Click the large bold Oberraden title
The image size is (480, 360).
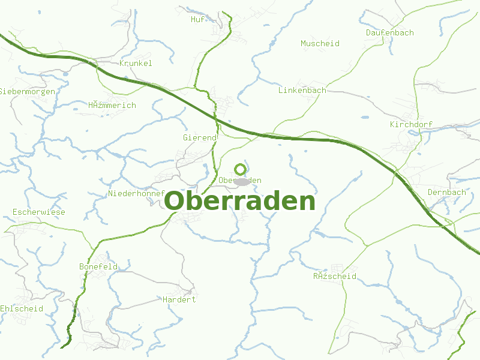pyautogui.click(x=239, y=202)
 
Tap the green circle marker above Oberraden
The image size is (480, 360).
pyautogui.click(x=241, y=169)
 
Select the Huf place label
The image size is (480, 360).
pyautogui.click(x=197, y=19)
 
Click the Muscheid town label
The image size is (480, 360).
pyautogui.click(x=320, y=43)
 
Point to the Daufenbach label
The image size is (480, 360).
pyautogui.click(x=389, y=32)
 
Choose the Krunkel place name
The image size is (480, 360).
pyautogui.click(x=136, y=63)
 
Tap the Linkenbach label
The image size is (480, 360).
pyautogui.click(x=302, y=90)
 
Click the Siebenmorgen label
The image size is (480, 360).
pyautogui.click(x=27, y=91)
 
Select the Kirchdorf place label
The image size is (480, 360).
pyautogui.click(x=410, y=124)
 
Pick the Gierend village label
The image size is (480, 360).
pyautogui.click(x=199, y=137)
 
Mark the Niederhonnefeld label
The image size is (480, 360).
pyautogui.click(x=136, y=193)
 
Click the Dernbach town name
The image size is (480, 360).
pyautogui.click(x=446, y=192)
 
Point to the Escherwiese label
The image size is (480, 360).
pyautogui.click(x=38, y=212)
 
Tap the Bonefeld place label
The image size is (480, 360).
pyautogui.click(x=98, y=266)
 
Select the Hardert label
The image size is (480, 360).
pyautogui.click(x=179, y=299)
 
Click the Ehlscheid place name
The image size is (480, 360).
pyautogui.click(x=22, y=308)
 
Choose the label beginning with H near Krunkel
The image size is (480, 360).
pyautogui.click(x=112, y=105)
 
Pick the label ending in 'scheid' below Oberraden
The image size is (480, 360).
pyautogui.click(x=334, y=276)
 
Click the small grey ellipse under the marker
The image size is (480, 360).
pyautogui.click(x=242, y=181)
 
